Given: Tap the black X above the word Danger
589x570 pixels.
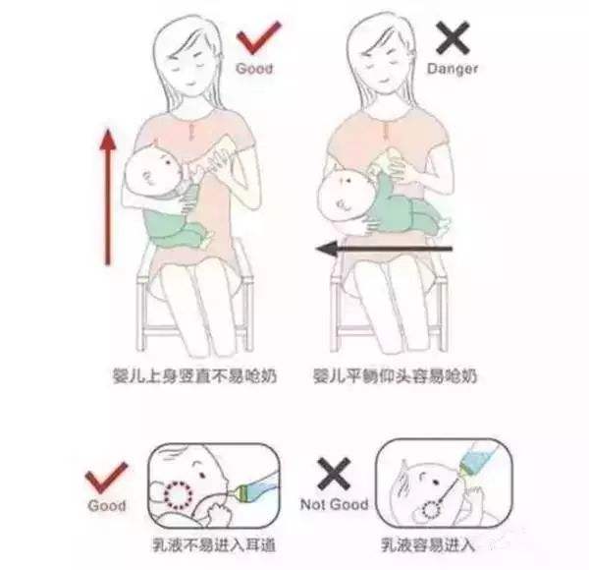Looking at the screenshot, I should [x=451, y=40].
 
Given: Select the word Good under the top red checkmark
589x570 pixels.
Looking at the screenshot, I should [x=255, y=69].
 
